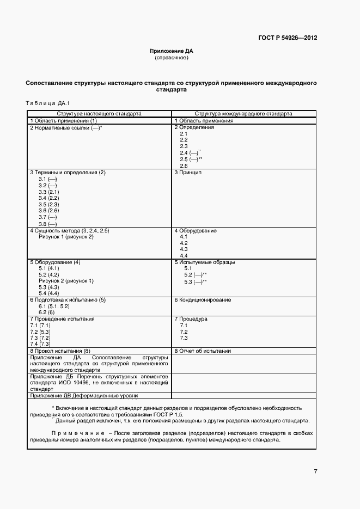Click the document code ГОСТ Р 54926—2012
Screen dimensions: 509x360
click(x=288, y=38)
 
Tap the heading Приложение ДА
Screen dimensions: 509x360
click(x=172, y=51)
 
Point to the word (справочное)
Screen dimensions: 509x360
click(x=172, y=57)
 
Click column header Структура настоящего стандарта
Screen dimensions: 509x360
click(x=100, y=114)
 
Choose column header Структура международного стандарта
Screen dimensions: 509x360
click(x=243, y=114)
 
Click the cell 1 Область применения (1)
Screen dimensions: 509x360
click(x=63, y=121)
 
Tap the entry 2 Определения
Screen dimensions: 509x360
click(x=194, y=127)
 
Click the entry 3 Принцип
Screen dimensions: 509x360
click(x=188, y=173)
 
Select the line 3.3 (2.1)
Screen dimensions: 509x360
click(x=48, y=192)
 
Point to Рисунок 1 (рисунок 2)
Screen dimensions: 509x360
click(x=66, y=237)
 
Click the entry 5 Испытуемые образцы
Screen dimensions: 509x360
click(x=205, y=262)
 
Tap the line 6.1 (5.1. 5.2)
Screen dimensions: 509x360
click(x=54, y=306)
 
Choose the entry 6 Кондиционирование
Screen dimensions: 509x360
click(x=203, y=300)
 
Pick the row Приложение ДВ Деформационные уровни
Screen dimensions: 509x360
click(x=84, y=396)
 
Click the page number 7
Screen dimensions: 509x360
click(x=315, y=471)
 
